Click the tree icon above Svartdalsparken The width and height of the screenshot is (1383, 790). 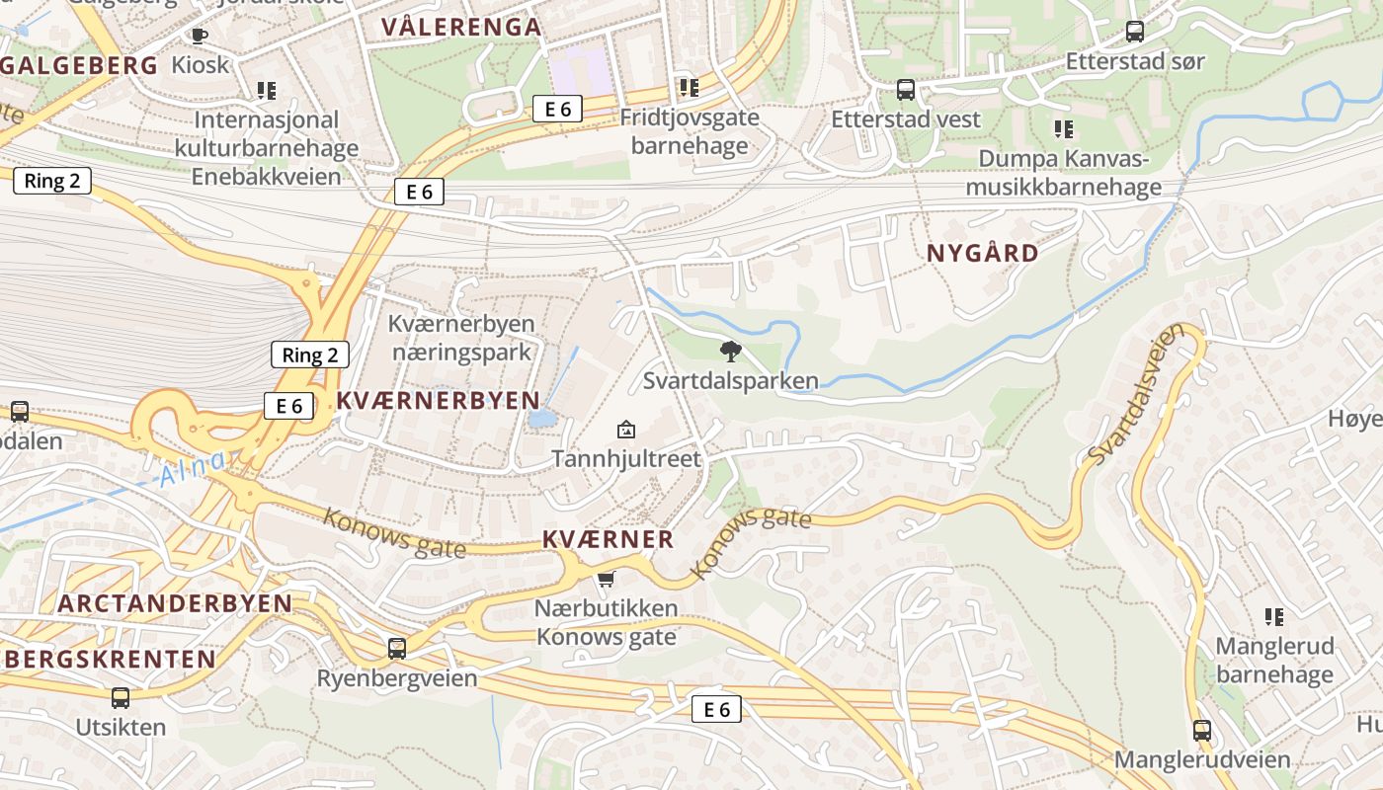point(731,351)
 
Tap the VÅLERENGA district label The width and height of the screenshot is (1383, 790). point(460,28)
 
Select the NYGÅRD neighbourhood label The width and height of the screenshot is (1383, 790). point(982,253)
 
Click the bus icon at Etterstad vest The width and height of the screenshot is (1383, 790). point(905,91)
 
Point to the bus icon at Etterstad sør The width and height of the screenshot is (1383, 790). point(1134,32)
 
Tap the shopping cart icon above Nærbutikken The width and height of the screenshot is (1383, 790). point(606,580)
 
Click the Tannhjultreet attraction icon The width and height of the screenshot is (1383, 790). point(625,430)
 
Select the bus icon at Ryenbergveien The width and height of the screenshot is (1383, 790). point(396,649)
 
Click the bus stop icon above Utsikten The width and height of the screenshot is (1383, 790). point(120,698)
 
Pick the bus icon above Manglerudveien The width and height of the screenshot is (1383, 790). point(1201,731)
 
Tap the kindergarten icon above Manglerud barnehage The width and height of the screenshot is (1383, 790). point(1274,617)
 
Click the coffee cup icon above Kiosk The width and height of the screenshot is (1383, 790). point(199,37)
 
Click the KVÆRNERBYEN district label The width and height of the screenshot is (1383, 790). point(438,400)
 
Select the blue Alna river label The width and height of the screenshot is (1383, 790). point(193,469)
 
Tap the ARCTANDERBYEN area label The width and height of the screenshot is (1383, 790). point(174,603)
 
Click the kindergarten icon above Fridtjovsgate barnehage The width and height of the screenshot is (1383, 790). point(689,88)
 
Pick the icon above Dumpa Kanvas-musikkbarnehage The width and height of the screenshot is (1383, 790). point(1063,129)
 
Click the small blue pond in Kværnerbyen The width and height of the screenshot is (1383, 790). point(541,419)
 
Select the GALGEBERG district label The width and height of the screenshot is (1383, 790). point(79,66)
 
